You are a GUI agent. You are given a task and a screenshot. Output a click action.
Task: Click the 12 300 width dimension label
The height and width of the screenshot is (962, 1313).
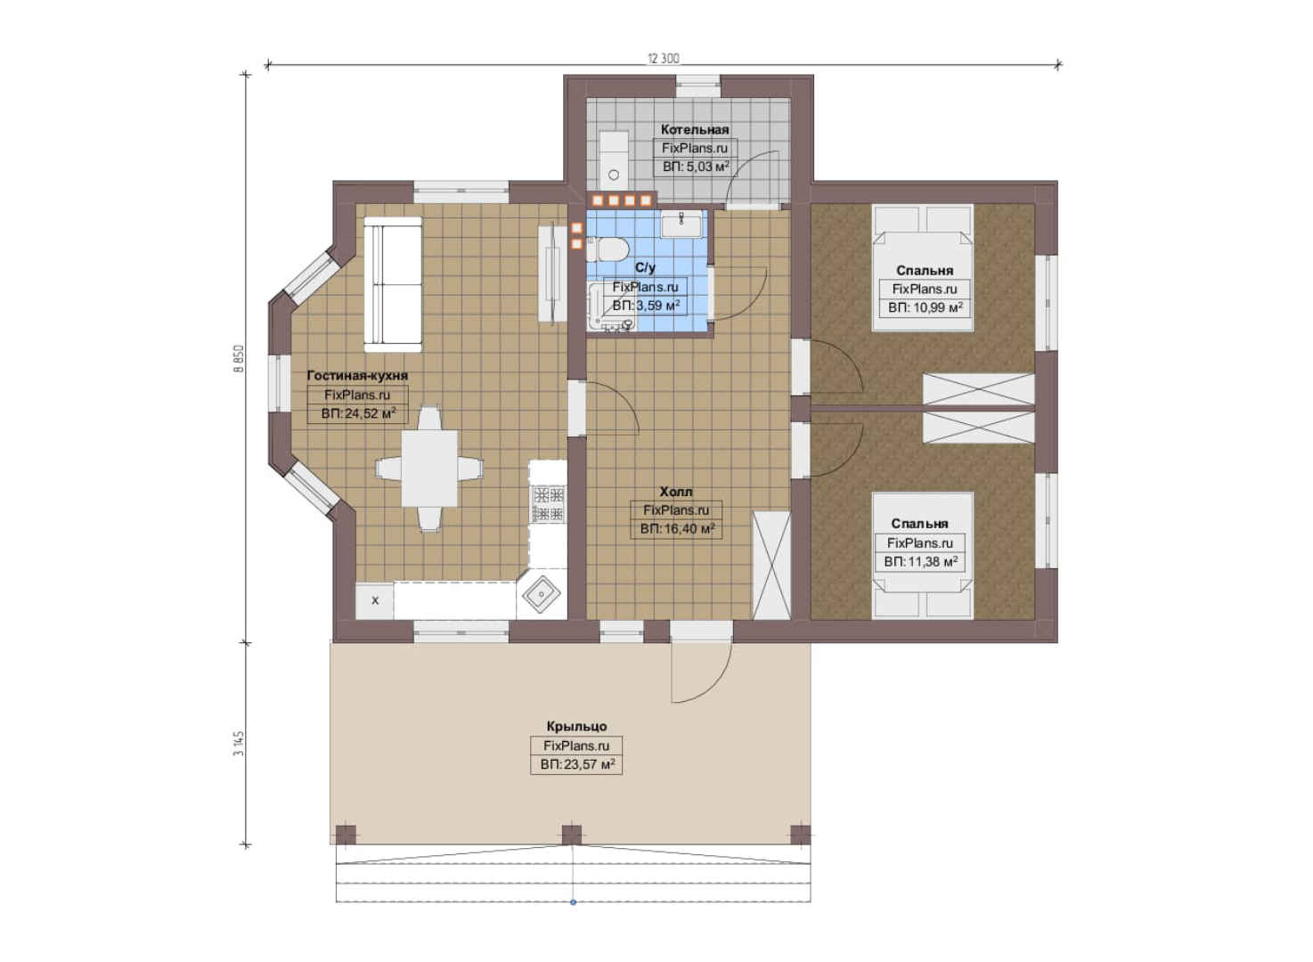[663, 58]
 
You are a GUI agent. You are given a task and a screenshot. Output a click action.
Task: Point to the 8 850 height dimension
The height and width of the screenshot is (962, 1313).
[238, 359]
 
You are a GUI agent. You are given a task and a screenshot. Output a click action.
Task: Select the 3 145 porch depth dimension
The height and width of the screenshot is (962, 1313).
[238, 744]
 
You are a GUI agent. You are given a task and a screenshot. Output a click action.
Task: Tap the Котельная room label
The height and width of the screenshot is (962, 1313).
[695, 129]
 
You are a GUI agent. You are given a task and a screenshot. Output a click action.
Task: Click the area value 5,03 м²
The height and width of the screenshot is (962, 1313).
[696, 167]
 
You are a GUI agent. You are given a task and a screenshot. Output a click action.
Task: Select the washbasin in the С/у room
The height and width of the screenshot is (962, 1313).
[681, 224]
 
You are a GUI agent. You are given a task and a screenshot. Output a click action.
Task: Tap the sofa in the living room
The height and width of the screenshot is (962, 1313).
[392, 284]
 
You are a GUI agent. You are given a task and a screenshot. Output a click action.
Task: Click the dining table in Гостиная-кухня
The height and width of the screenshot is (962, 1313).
[429, 469]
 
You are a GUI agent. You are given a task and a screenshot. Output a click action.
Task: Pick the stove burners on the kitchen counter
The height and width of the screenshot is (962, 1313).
[548, 503]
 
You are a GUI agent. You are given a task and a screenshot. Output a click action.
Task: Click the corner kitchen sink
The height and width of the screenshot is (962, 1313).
[542, 595]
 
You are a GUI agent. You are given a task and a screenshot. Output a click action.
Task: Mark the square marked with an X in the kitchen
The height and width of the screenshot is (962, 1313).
[374, 600]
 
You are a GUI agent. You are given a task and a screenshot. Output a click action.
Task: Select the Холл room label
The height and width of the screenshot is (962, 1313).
[676, 492]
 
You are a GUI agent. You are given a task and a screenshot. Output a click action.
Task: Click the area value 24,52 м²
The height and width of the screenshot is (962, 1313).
[358, 413]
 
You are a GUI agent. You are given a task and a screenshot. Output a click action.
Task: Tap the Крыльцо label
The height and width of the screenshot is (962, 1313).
[577, 726]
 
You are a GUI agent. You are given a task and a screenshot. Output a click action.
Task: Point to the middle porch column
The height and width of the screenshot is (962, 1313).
[572, 835]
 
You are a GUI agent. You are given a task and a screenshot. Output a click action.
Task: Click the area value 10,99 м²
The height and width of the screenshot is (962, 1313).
[925, 307]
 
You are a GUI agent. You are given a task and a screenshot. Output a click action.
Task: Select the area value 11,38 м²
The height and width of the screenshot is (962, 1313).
[921, 561]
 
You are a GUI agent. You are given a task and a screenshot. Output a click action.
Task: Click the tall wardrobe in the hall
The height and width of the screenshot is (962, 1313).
[771, 566]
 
